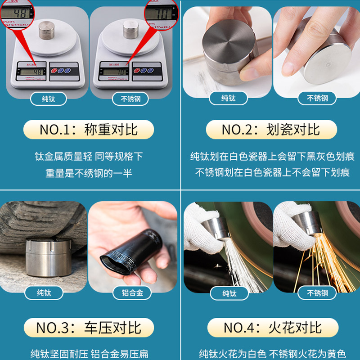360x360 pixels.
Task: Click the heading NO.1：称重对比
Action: click(x=89, y=130)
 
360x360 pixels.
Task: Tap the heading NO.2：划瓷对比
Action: click(x=271, y=130)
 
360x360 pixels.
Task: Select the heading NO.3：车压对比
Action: click(x=89, y=327)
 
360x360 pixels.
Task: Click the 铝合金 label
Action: click(x=132, y=293)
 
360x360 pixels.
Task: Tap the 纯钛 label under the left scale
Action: click(x=48, y=99)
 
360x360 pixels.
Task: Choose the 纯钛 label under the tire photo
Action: click(x=44, y=293)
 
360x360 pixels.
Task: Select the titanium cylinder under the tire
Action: click(x=41, y=256)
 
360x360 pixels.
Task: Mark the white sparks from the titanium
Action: click(x=234, y=265)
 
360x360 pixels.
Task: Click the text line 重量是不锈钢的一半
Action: click(x=89, y=173)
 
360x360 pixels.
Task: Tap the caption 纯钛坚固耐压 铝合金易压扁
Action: click(x=89, y=354)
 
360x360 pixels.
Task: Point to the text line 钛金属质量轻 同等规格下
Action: click(x=89, y=156)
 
